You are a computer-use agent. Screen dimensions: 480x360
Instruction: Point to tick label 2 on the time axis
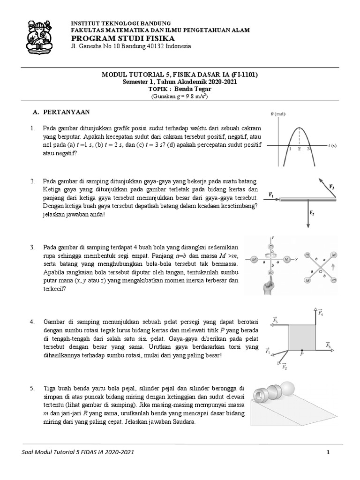[x=299, y=149]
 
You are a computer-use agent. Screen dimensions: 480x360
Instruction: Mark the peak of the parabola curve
[x=299, y=128]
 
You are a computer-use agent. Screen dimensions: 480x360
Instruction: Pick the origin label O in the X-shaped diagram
[x=320, y=271]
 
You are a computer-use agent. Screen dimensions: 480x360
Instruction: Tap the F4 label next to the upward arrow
[x=320, y=313]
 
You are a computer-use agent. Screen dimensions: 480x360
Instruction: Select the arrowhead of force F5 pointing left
[x=272, y=324]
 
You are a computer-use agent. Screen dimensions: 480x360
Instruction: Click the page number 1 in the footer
[x=329, y=452]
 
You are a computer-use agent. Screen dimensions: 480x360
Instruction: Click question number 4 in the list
[x=32, y=322]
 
